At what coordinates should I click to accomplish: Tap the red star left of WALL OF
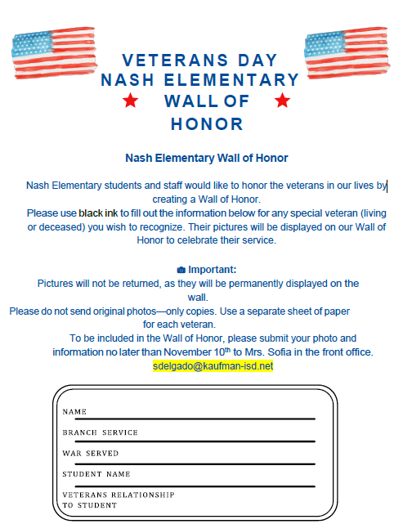[x=129, y=101]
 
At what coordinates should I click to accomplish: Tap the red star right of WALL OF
[x=283, y=101]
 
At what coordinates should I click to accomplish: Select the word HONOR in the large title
[x=207, y=124]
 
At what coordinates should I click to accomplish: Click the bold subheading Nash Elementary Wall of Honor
[x=206, y=158]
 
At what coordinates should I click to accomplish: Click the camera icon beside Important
[x=181, y=269]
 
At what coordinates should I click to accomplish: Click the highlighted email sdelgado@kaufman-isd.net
[x=213, y=366]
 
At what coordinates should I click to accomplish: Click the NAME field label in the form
[x=74, y=412]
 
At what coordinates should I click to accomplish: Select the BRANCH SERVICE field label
[x=100, y=432]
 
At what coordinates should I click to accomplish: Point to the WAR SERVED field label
[x=91, y=453]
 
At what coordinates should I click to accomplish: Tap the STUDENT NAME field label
[x=96, y=473]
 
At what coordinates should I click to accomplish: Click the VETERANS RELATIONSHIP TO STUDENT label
[x=118, y=500]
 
